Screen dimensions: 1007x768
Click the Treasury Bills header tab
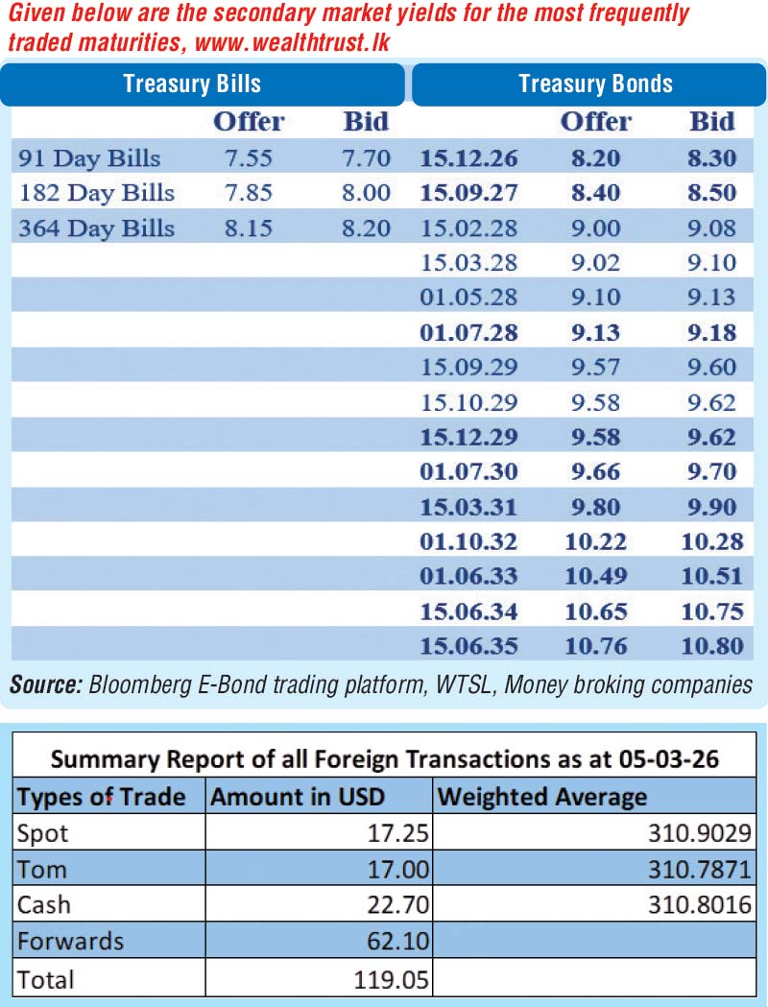coord(192,84)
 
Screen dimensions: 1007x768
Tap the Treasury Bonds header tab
coord(595,84)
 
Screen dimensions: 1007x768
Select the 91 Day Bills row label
coord(90,158)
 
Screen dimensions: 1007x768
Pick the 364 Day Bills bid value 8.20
coord(366,228)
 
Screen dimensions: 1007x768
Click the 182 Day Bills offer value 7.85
coord(248,193)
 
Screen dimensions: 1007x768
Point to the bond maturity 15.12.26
coord(468,158)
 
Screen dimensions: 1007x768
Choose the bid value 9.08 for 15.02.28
coord(712,228)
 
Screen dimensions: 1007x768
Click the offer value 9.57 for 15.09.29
coord(595,367)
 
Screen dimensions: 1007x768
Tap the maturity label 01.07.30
coord(468,471)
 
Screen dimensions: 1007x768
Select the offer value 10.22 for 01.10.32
coord(595,541)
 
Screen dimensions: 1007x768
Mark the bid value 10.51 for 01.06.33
coord(712,576)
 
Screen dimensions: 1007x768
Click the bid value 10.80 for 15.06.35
coord(712,646)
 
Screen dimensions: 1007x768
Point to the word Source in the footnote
coord(45,684)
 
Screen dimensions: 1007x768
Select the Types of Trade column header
coord(101,797)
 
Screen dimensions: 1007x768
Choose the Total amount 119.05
coord(393,979)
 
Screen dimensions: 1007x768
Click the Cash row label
coord(44,905)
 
